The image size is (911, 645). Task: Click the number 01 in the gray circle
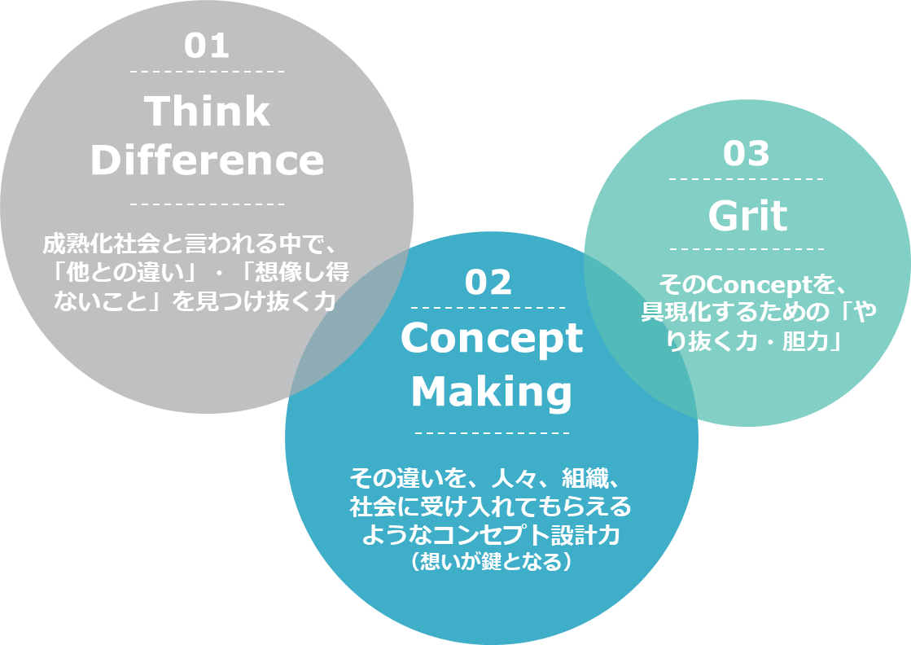pos(207,46)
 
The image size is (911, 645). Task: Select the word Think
pos(207,111)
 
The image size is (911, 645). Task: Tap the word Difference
pos(207,160)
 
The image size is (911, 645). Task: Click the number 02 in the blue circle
pos(488,283)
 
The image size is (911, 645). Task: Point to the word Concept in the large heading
pos(492,339)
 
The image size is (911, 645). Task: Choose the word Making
pos(492,392)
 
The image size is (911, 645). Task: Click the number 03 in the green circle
pos(746,153)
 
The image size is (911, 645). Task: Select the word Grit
pos(747,216)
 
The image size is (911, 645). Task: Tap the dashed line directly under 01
pos(208,72)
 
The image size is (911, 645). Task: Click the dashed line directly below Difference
pos(208,204)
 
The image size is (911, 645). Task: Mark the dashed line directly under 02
pos(488,307)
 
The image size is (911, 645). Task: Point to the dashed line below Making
pos(492,433)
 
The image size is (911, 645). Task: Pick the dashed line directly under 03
pos(747,179)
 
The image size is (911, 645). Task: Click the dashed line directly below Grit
pos(747,248)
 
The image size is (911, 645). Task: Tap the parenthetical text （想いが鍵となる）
pos(492,561)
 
